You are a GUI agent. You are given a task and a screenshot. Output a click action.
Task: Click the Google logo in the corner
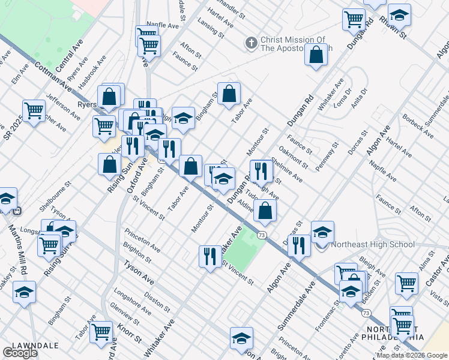(x=20, y=353)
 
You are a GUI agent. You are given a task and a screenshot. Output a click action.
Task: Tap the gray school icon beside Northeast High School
(x=321, y=245)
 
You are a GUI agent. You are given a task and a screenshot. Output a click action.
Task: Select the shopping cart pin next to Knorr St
(x=101, y=331)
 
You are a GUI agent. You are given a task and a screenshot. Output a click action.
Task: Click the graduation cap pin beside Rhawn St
(x=399, y=14)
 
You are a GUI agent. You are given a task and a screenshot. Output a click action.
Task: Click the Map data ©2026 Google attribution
(x=412, y=355)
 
